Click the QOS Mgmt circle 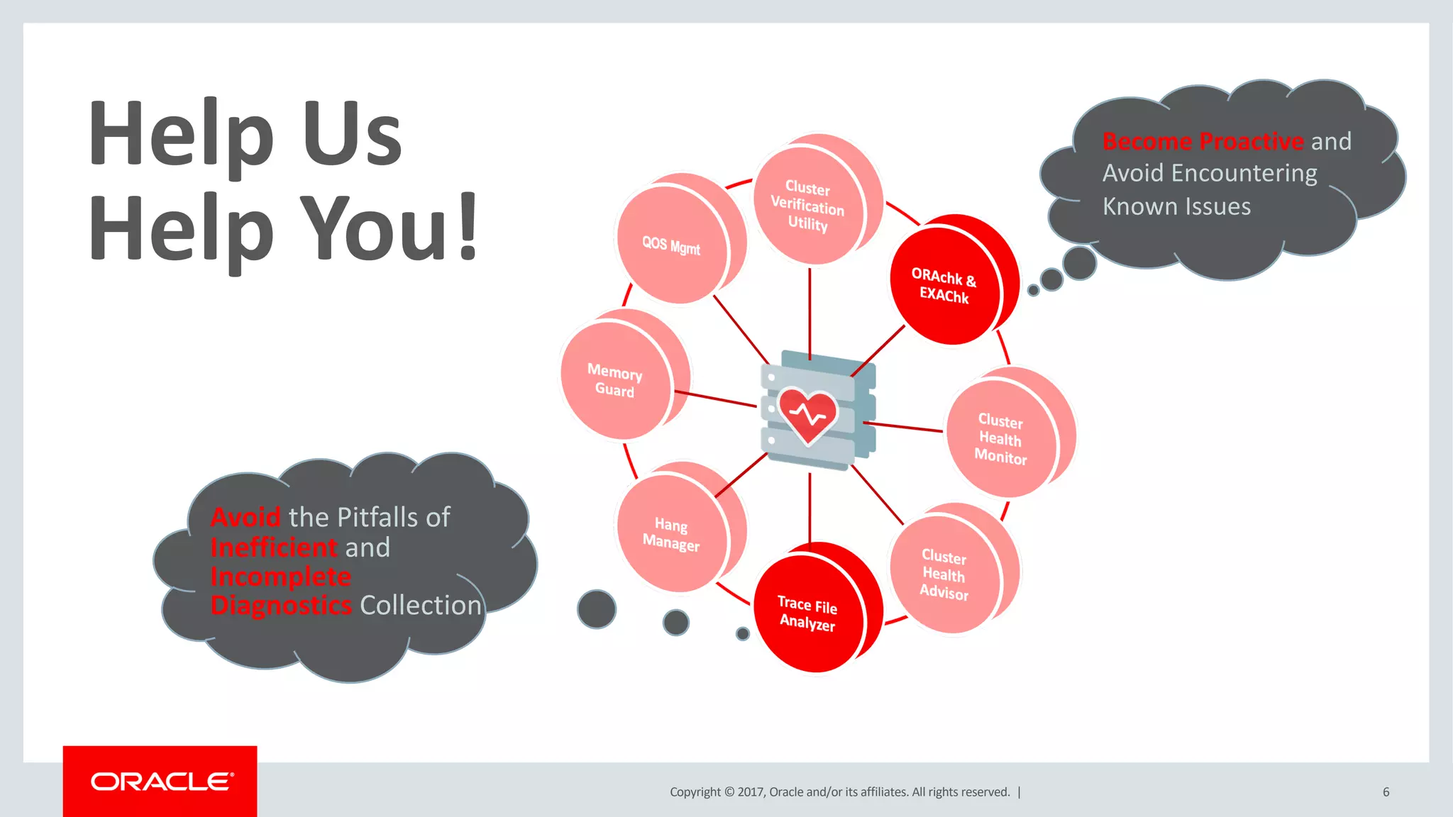coord(671,245)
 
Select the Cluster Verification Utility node coord(807,206)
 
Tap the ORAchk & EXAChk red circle coord(944,286)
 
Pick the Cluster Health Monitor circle coord(1000,439)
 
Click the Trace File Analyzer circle coord(807,613)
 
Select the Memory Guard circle coord(614,381)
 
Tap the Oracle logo coord(160,782)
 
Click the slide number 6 coord(1386,792)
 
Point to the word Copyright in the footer coord(695,792)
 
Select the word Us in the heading coord(353,133)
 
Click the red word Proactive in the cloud coord(1252,141)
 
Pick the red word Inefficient coord(274,548)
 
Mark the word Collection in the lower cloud coord(420,606)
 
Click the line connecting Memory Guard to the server coord(715,399)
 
